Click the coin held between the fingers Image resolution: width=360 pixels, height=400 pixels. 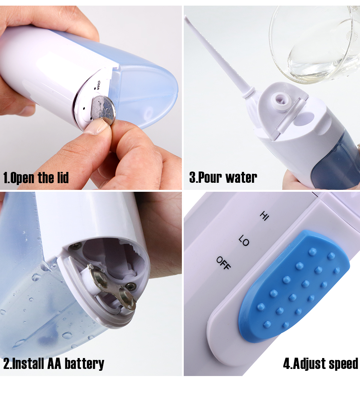(x=103, y=110)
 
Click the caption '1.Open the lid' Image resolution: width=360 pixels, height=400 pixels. (x=36, y=178)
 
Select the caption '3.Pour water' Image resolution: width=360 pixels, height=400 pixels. (x=223, y=177)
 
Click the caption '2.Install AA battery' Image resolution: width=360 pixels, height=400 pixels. (x=54, y=364)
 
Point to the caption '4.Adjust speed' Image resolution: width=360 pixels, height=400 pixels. (x=321, y=364)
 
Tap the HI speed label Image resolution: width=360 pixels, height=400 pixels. (x=264, y=216)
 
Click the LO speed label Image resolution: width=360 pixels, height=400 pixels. (x=244, y=240)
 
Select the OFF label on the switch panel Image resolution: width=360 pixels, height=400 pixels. (x=223, y=263)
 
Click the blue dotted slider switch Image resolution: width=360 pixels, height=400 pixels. (x=294, y=286)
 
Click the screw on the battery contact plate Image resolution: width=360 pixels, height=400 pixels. (x=130, y=286)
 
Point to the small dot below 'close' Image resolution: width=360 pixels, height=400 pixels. (x=95, y=88)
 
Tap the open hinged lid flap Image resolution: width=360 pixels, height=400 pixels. (x=289, y=117)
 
